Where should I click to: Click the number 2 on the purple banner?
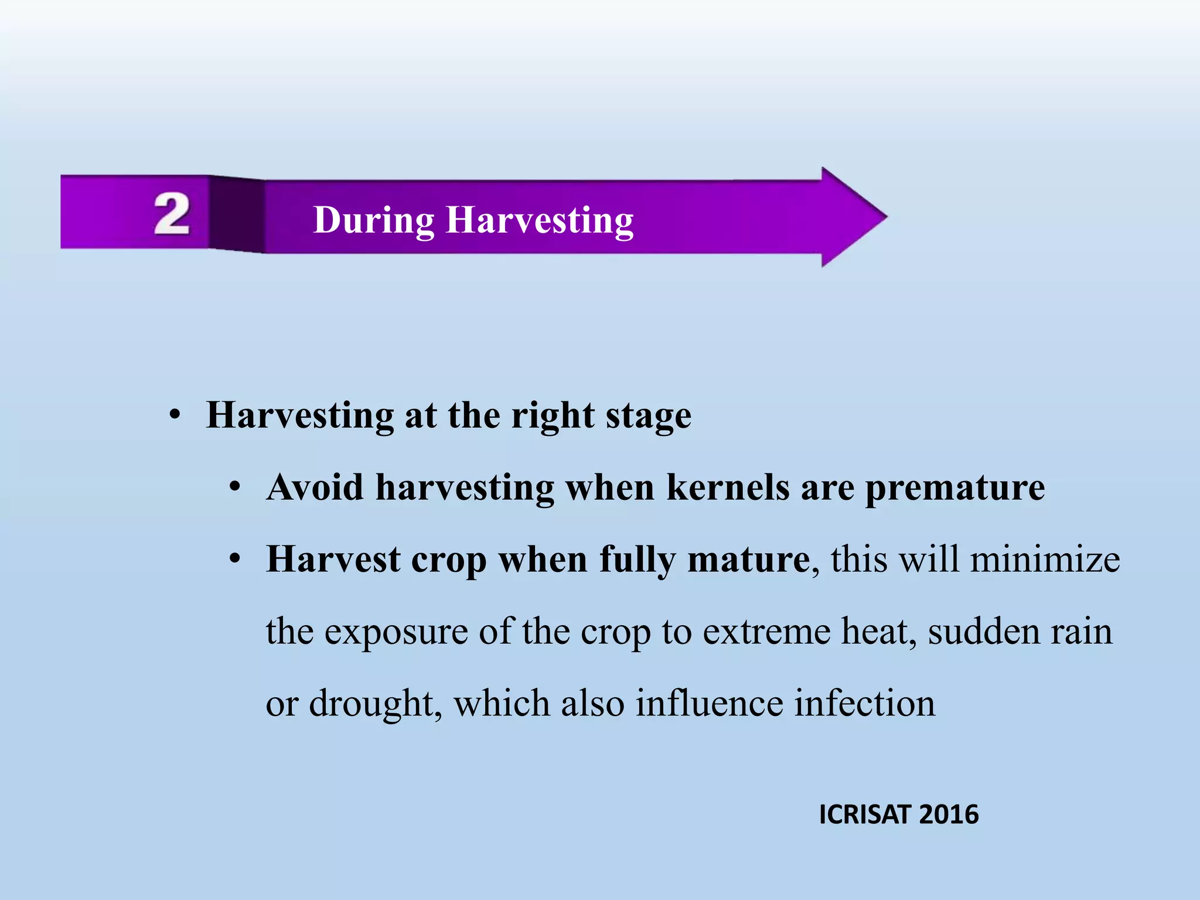click(172, 214)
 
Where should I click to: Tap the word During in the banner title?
click(373, 220)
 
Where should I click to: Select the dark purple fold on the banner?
click(237, 214)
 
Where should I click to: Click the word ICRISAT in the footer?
click(865, 814)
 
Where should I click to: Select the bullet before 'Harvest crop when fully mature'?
click(235, 560)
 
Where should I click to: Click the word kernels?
click(728, 487)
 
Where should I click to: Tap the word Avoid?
click(315, 487)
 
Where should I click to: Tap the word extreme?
click(766, 632)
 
